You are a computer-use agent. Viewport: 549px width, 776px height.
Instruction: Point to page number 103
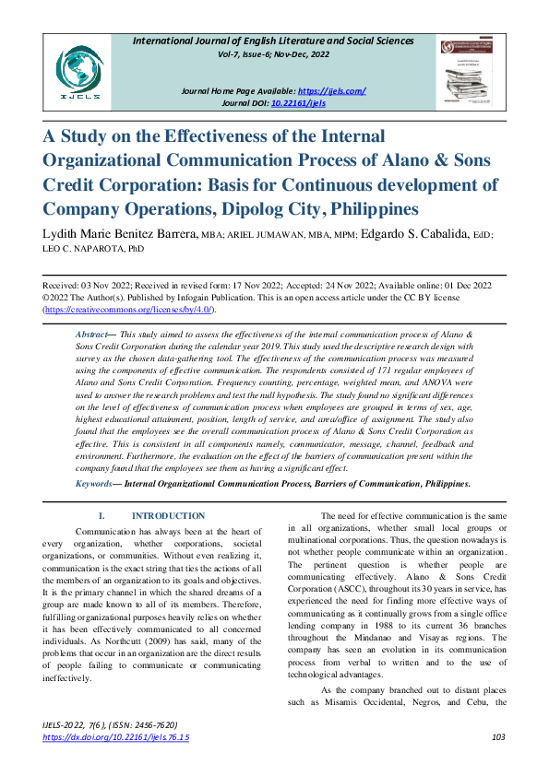point(499,737)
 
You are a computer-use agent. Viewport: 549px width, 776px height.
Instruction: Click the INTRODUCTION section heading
point(168,516)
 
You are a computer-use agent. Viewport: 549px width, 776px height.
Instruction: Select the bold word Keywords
point(93,483)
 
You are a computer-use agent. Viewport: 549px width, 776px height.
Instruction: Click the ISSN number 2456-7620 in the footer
point(149,725)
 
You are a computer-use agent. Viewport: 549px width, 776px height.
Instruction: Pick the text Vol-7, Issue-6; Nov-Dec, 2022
point(274,55)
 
